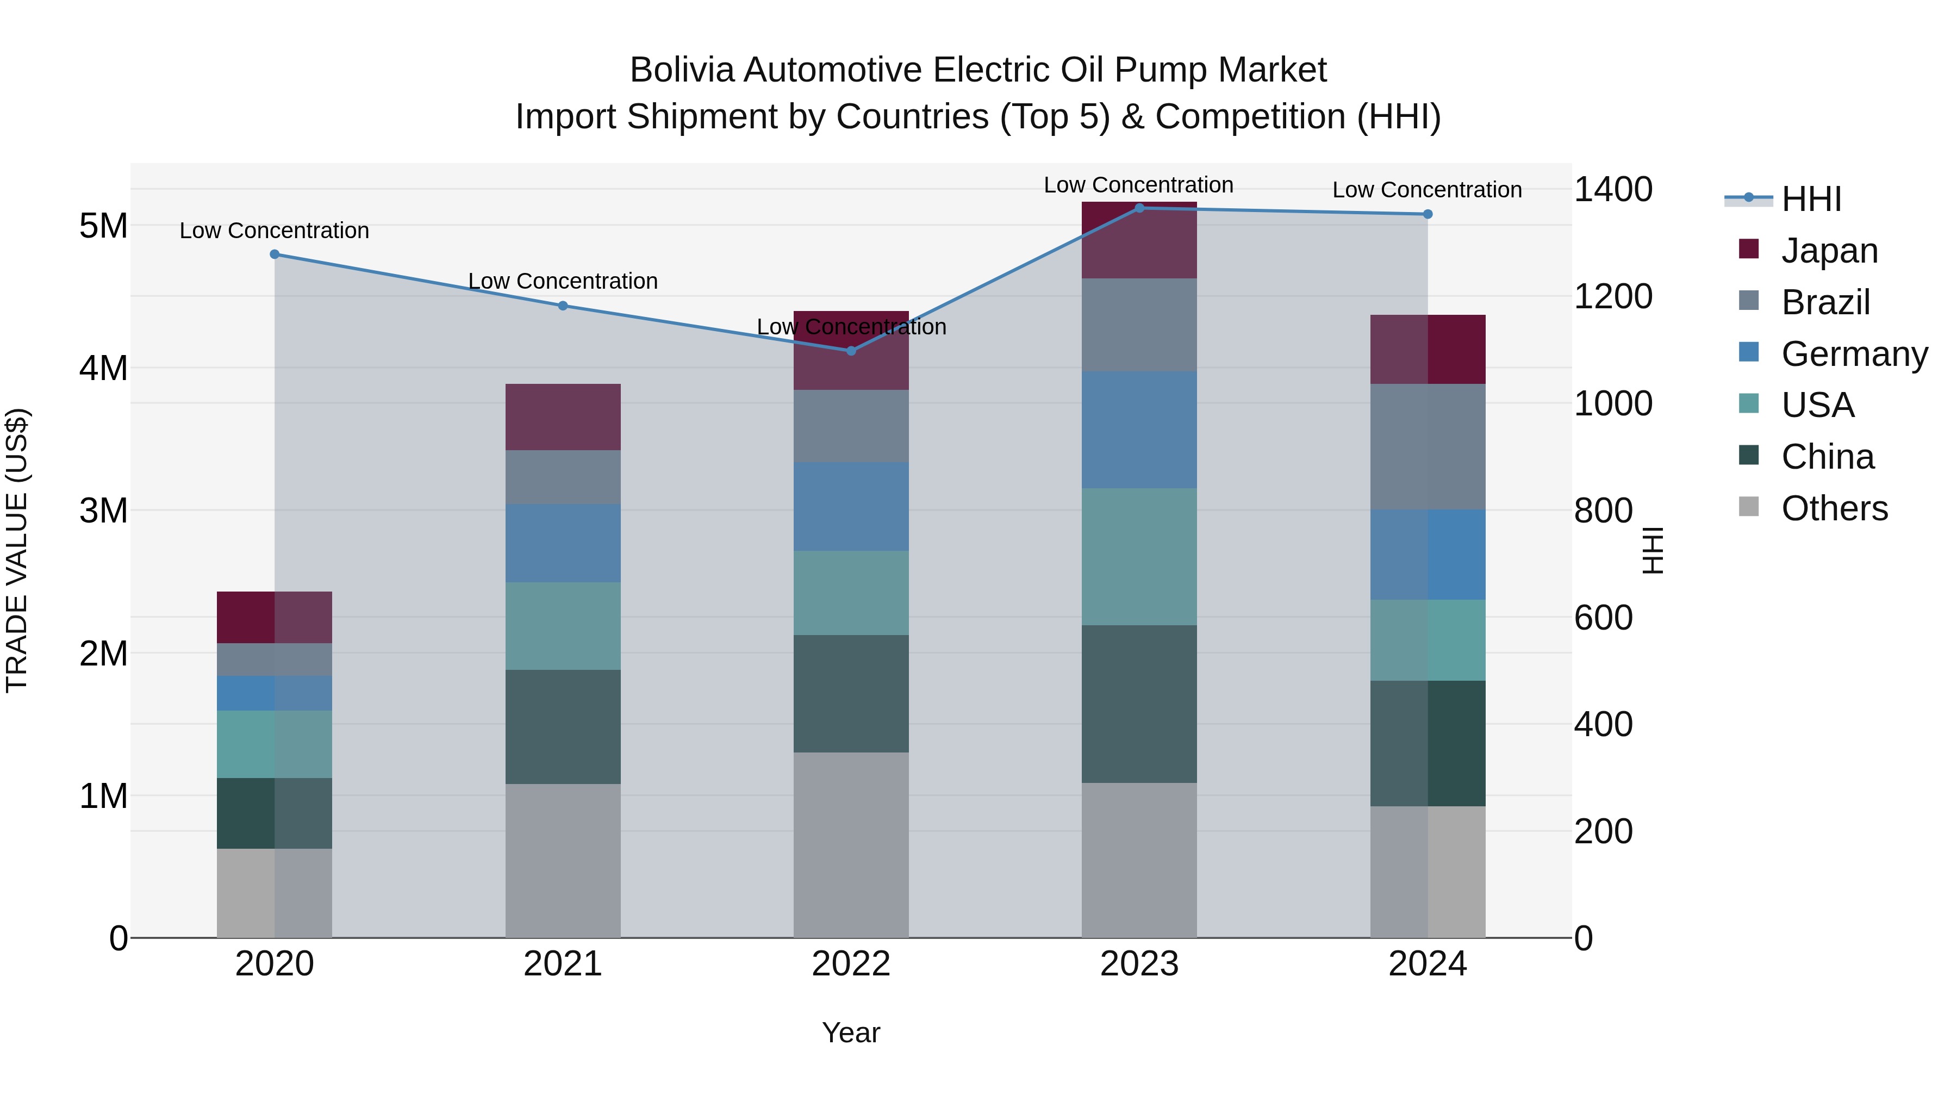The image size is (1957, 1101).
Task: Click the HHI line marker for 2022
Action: coord(851,350)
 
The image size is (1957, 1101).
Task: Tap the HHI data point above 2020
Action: coord(275,254)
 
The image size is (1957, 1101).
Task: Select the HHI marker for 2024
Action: coord(1428,214)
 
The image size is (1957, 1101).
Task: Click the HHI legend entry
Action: coord(1810,199)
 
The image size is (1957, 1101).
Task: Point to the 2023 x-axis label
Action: coord(1139,964)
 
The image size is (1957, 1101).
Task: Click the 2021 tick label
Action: coord(563,964)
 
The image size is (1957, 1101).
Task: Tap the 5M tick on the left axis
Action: coord(103,226)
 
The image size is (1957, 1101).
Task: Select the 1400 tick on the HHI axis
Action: coord(1612,189)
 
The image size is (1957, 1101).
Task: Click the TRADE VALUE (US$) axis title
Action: coord(17,550)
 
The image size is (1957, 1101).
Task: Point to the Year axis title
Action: coord(851,1032)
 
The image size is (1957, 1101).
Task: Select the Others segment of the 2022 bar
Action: coord(851,845)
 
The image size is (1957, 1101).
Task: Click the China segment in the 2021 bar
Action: coord(563,726)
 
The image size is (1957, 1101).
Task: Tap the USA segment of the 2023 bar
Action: coord(1139,556)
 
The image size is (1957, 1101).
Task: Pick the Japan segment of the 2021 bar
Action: coord(563,416)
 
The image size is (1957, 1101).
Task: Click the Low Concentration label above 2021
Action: coord(563,281)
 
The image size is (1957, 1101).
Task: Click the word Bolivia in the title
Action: coord(682,70)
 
